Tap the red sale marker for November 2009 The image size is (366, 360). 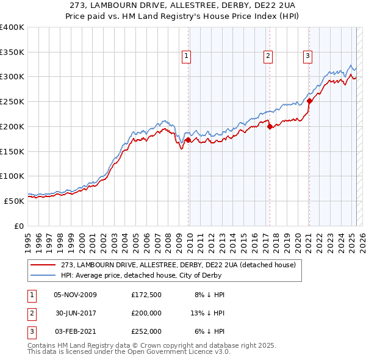tap(188, 140)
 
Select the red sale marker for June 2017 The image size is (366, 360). tap(270, 126)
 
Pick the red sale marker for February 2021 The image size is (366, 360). tap(309, 101)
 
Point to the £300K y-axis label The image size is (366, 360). tap(12, 77)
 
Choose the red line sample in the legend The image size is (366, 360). tap(43, 265)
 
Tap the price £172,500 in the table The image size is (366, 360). tap(146, 295)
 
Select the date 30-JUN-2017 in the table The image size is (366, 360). tap(76, 313)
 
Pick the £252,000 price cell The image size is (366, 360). tap(146, 331)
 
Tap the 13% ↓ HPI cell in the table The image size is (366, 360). tap(208, 313)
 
